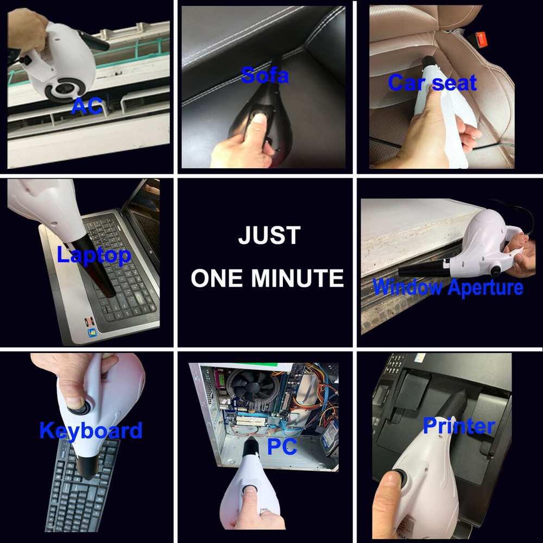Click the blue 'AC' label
tap(86, 106)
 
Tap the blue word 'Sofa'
tap(264, 75)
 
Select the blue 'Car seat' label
tap(432, 83)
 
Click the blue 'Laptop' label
tap(94, 256)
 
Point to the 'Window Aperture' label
tap(448, 287)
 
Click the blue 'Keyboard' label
tap(91, 431)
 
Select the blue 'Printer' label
tap(459, 426)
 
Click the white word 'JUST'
tap(269, 235)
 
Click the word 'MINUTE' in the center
tap(298, 277)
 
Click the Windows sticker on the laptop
tap(92, 333)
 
